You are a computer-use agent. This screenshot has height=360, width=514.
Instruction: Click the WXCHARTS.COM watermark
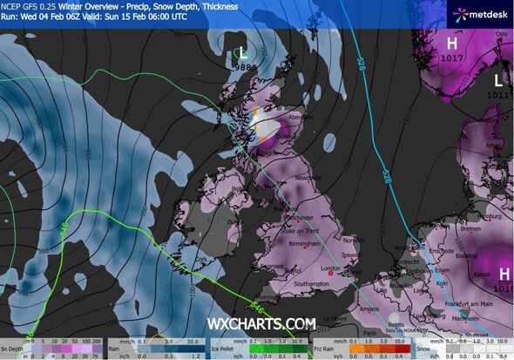pyautogui.click(x=260, y=324)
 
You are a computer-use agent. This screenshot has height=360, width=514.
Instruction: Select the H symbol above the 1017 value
pyautogui.click(x=451, y=44)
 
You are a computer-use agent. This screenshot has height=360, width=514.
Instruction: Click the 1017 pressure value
pyautogui.click(x=451, y=58)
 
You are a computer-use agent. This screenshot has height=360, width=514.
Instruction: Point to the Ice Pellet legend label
pyautogui.click(x=226, y=344)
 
